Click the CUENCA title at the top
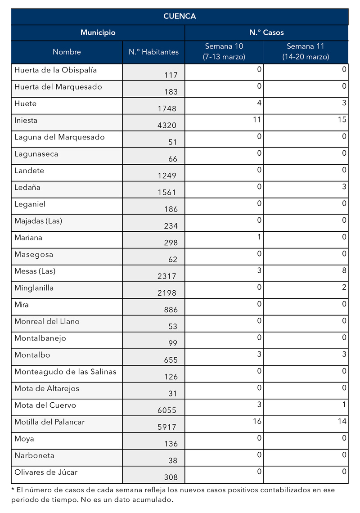(180, 16)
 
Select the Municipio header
(98, 32)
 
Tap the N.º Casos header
(266, 32)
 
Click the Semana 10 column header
(224, 51)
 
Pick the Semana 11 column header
(306, 51)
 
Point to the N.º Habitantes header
(153, 52)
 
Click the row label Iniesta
(26, 121)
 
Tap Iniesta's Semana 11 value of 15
(342, 119)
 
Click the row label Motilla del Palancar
(49, 422)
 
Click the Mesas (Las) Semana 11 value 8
(344, 270)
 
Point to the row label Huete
(26, 104)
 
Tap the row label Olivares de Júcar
(46, 472)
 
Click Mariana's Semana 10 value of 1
(259, 237)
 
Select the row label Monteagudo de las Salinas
(65, 372)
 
